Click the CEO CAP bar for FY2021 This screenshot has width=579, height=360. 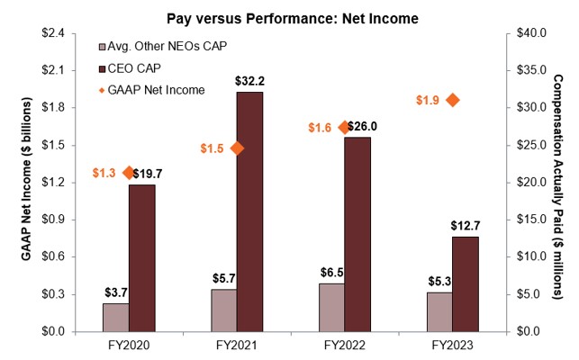pyautogui.click(x=249, y=211)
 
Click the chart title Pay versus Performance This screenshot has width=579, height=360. pyautogui.click(x=288, y=12)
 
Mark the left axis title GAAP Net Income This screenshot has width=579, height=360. pyautogui.click(x=26, y=182)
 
